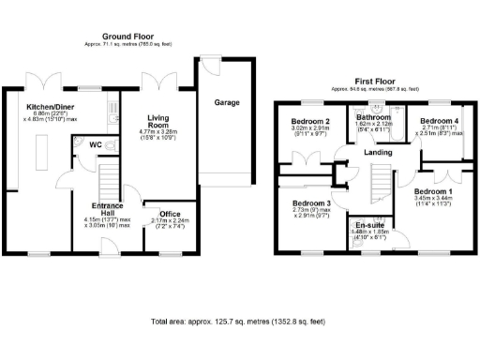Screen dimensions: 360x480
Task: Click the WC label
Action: (96, 145)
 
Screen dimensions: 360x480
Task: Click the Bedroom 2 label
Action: (309, 122)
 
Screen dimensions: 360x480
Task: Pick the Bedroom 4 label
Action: (437, 122)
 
